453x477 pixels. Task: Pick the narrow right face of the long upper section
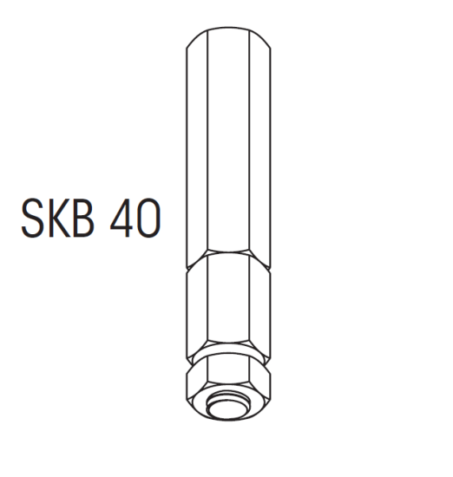point(262,147)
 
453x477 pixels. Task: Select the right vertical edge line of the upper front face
point(253,147)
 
